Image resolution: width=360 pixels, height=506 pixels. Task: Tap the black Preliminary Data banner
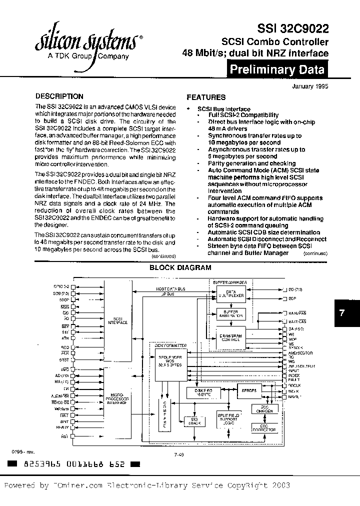click(x=277, y=70)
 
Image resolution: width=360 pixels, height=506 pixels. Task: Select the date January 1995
click(x=310, y=86)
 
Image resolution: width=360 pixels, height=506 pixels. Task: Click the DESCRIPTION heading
click(x=59, y=96)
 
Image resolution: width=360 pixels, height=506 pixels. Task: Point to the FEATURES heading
click(x=205, y=97)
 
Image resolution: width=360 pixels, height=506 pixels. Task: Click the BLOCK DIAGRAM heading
click(x=180, y=268)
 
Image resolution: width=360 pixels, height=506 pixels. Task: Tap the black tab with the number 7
click(x=342, y=313)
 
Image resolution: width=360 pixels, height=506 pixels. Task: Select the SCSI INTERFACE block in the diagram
click(x=119, y=320)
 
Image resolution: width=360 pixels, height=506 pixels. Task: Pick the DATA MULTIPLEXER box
click(x=231, y=295)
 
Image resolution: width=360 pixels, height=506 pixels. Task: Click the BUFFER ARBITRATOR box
click(x=231, y=314)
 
